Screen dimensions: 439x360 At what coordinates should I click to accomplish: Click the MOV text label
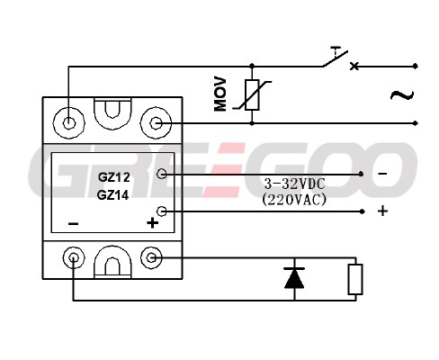coord(220,94)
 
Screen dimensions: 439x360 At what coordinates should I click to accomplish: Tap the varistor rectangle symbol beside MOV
coord(252,94)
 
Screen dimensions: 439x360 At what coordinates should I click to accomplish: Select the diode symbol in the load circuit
coord(294,278)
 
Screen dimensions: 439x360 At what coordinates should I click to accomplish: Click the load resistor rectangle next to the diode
coord(355,279)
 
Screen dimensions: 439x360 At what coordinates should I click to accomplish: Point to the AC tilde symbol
coord(402,95)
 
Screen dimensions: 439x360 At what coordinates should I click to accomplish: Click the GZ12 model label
coord(114,177)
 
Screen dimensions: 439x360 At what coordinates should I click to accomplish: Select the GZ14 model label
coord(113,195)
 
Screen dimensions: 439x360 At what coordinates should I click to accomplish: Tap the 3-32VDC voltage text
coord(294,184)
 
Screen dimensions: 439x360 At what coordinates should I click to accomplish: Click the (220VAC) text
coord(294,200)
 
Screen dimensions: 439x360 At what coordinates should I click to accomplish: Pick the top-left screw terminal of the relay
coord(69,122)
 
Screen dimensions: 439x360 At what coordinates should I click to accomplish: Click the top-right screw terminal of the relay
coord(156,123)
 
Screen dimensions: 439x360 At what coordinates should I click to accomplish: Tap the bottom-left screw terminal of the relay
coord(74,257)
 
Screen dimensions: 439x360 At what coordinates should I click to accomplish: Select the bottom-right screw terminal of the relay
coord(152,257)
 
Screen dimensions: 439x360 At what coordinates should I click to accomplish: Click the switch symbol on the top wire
coord(336,58)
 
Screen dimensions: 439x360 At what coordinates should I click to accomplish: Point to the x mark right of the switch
coord(354,66)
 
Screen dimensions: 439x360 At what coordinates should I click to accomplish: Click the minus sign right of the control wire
coord(382,174)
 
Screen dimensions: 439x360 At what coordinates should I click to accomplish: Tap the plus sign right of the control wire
coord(382,211)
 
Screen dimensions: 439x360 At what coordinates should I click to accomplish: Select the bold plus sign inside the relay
coord(152,223)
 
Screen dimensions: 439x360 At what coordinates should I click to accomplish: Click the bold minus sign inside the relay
coord(74,223)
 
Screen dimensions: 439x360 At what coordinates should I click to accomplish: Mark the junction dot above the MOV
coord(252,66)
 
